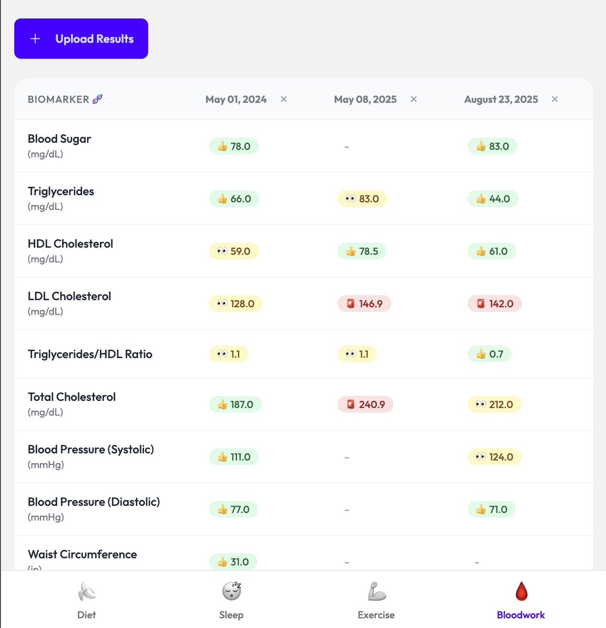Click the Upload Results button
coord(81,39)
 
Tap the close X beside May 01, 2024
coord(284,99)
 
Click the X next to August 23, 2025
coord(555,99)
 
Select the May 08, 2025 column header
coord(365,99)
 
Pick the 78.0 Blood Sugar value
coord(234,147)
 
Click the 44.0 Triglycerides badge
coord(493,199)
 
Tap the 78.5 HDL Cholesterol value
coord(362,251)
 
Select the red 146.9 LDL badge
coord(364,304)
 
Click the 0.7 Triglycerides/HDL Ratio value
coord(489,354)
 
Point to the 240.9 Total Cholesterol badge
coord(365,405)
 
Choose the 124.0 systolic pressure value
coord(494,457)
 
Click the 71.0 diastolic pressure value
coord(491,509)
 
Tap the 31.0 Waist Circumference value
coord(233,562)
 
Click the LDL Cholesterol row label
coord(70,296)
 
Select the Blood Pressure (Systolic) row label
coord(91,450)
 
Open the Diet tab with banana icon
coord(87,600)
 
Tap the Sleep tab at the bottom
coord(231,600)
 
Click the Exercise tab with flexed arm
coord(376,600)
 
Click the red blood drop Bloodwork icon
coord(521,592)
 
